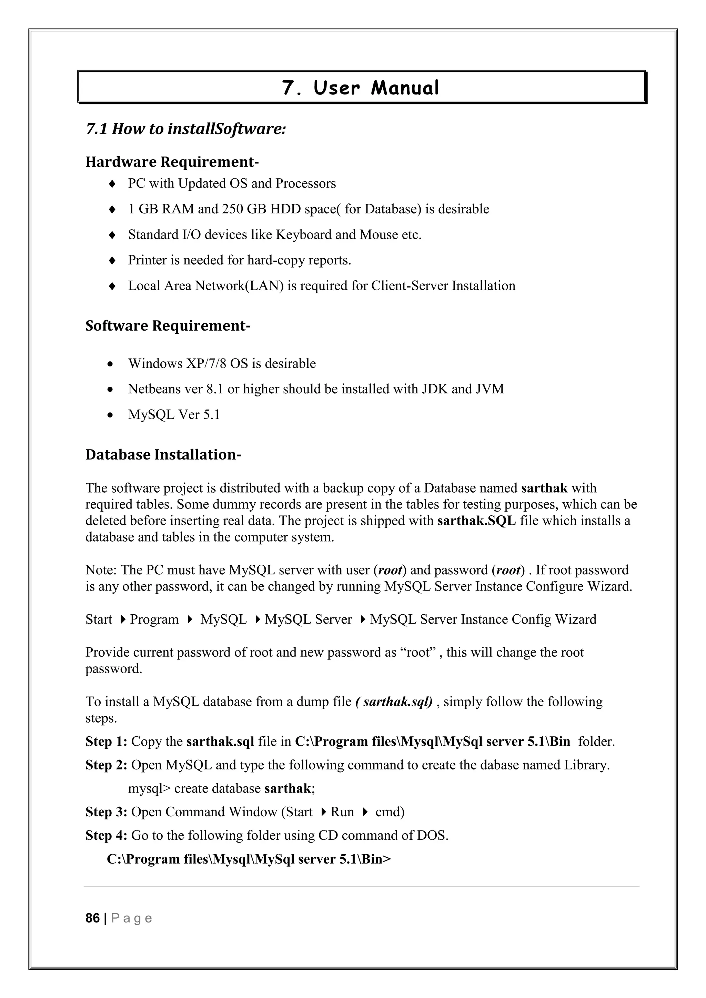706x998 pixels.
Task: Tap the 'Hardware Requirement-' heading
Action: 172,162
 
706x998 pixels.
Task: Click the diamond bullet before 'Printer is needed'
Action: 112,260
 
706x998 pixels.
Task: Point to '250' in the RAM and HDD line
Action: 232,209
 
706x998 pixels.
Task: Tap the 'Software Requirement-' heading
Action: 168,325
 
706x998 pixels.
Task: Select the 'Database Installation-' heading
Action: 163,455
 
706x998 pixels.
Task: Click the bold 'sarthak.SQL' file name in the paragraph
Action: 476,521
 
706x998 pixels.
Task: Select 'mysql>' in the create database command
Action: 149,788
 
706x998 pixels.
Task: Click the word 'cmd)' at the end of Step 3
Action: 390,812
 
